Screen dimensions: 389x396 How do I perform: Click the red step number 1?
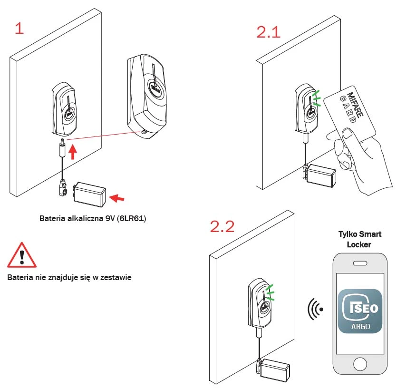(x=19, y=28)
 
